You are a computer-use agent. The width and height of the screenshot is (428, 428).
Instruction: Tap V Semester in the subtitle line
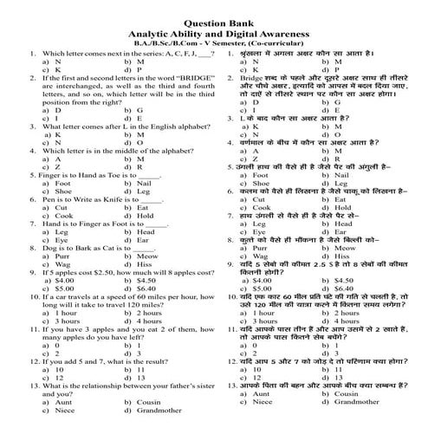[228, 41]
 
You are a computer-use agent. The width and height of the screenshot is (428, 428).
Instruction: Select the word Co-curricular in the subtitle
[293, 41]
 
